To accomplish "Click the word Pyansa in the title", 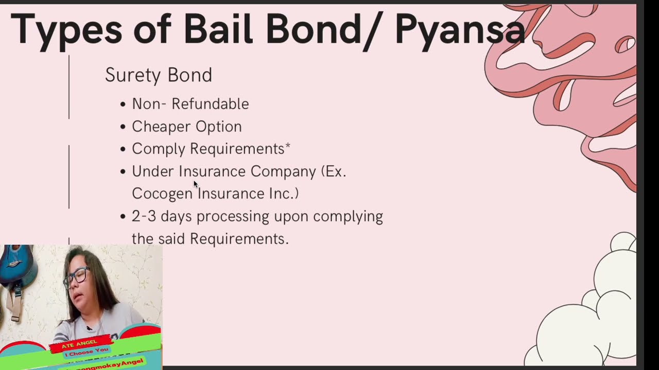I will coord(460,29).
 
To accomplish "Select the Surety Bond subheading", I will coord(158,75).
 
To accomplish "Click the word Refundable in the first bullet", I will coord(210,104).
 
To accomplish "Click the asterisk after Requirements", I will coord(288,146).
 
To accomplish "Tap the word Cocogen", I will coord(162,194).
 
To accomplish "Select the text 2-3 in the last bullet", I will coord(144,216).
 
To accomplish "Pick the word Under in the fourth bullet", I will coord(153,171).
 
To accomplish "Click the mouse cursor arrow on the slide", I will coord(196,183).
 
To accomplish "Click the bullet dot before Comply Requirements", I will coord(123,150).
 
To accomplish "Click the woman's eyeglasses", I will coord(76,277).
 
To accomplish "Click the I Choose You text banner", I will coord(86,350).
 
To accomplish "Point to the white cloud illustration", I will coord(587,319).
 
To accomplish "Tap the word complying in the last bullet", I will coord(348,216).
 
